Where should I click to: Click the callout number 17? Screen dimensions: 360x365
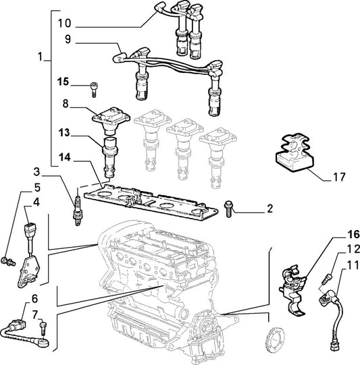(339, 177)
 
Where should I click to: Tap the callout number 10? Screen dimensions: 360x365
(64, 24)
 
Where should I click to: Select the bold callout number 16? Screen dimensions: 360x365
(353, 235)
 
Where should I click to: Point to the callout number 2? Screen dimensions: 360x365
(269, 208)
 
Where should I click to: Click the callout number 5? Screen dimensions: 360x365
(37, 188)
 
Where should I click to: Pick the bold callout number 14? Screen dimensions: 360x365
(64, 157)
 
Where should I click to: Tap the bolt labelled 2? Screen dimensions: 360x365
(228, 208)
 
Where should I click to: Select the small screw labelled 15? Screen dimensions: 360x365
(94, 90)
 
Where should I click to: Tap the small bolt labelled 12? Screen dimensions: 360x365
(326, 279)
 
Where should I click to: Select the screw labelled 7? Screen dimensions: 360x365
(43, 328)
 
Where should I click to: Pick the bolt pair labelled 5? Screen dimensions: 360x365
(8, 261)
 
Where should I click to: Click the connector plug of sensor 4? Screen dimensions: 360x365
(30, 228)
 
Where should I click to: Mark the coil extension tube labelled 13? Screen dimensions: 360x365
(109, 159)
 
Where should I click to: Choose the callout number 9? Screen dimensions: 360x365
(68, 39)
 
